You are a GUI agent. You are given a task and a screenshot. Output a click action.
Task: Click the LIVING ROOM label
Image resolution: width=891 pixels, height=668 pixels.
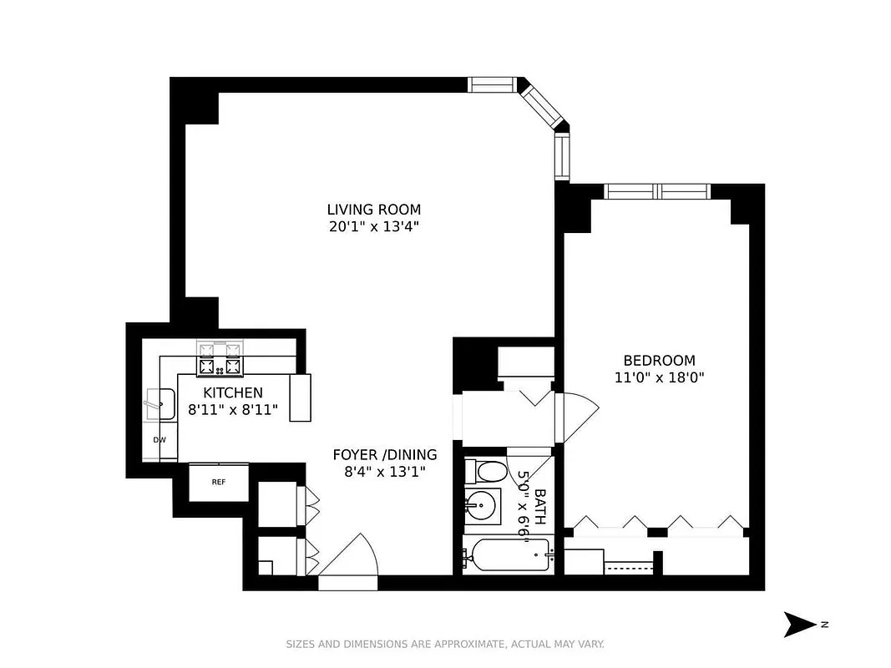tap(373, 210)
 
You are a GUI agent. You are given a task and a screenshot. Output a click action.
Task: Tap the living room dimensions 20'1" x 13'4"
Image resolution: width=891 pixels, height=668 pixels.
tap(373, 226)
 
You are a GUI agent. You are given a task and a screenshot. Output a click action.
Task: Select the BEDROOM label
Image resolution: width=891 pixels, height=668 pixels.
tap(659, 361)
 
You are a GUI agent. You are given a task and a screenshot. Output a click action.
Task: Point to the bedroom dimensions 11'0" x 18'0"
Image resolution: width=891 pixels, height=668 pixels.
tap(659, 377)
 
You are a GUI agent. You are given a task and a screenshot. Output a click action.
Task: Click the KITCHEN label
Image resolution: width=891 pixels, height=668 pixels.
tap(233, 392)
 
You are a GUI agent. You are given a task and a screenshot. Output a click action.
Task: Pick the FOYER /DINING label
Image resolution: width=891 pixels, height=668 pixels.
tap(384, 455)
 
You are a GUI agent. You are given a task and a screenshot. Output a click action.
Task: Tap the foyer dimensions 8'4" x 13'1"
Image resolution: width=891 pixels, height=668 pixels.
tap(384, 472)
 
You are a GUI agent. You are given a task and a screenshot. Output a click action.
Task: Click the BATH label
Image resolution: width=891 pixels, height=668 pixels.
tap(540, 506)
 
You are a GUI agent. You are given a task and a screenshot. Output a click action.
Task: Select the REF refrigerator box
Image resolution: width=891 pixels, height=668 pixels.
tap(218, 483)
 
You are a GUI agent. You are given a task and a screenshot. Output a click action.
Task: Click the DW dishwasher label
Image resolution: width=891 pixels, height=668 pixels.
tap(159, 439)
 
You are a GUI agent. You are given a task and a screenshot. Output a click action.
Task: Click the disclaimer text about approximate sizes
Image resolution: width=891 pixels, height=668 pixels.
tap(445, 644)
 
